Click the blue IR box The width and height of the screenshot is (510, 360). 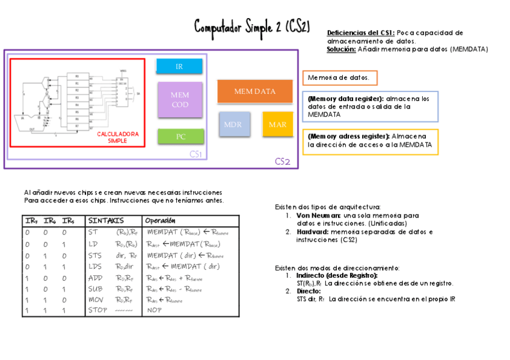pyautogui.click(x=179, y=66)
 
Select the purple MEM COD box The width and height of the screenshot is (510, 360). pyautogui.click(x=180, y=100)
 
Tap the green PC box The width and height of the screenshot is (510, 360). pyautogui.click(x=180, y=136)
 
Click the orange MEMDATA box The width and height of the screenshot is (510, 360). pyautogui.click(x=255, y=91)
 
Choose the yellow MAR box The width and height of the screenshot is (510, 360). pyautogui.click(x=277, y=124)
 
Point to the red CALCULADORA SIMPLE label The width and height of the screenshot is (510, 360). pyautogui.click(x=118, y=138)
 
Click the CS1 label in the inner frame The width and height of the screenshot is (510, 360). pyautogui.click(x=195, y=154)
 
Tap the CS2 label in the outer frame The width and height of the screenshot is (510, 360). pyautogui.click(x=283, y=162)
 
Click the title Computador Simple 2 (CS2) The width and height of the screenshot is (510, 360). pyautogui.click(x=252, y=26)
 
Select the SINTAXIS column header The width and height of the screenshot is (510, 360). pyautogui.click(x=106, y=221)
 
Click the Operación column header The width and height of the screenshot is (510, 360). pyautogui.click(x=160, y=221)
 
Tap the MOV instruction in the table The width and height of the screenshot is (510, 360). pyautogui.click(x=96, y=300)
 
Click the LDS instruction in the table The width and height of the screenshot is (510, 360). pyautogui.click(x=95, y=266)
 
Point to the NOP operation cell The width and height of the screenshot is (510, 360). pyautogui.click(x=154, y=311)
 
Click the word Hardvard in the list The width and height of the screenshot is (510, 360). pyautogui.click(x=312, y=231)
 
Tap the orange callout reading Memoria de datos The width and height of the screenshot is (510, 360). pyautogui.click(x=340, y=78)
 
